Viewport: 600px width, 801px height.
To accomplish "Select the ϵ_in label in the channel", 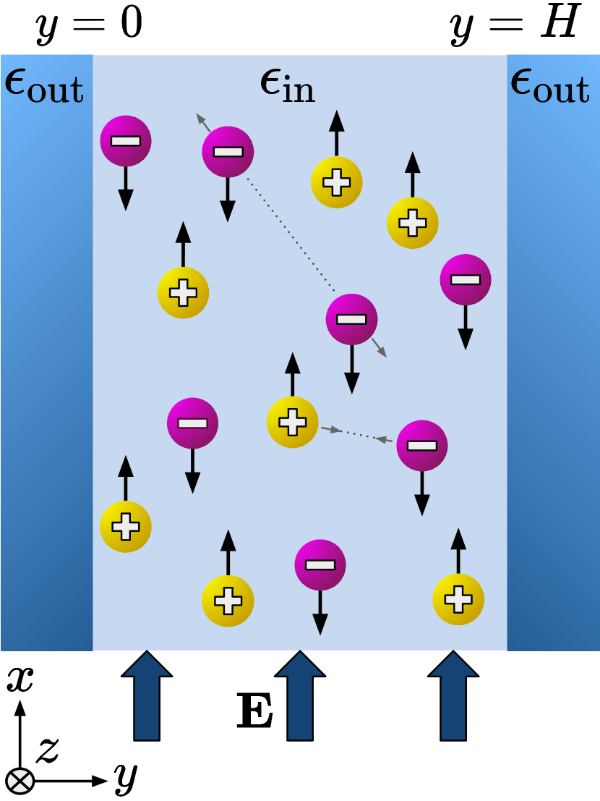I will point(287,88).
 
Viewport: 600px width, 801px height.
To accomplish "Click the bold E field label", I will point(255,711).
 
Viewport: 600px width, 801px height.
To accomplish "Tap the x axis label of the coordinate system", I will point(20,680).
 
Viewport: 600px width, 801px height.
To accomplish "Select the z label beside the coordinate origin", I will point(47,750).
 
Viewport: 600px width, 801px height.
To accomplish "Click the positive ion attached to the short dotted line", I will point(293,421).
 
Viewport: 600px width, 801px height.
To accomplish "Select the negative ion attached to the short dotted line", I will point(421,445).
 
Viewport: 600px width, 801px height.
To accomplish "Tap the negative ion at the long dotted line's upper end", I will point(228,152).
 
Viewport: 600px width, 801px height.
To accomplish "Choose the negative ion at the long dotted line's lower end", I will point(352,319).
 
